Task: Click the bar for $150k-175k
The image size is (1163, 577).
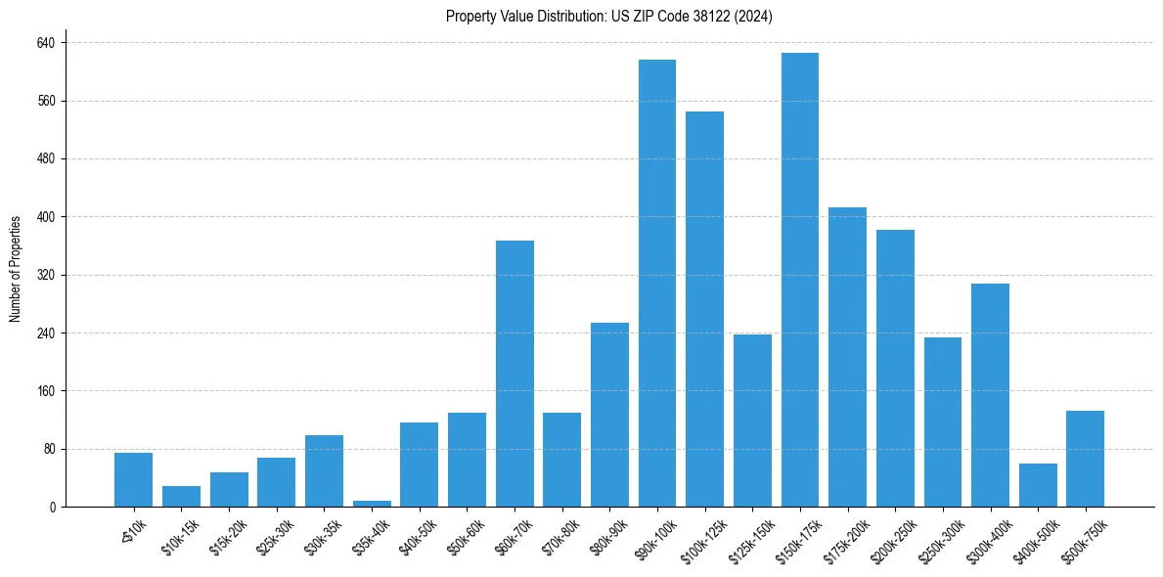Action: pos(799,280)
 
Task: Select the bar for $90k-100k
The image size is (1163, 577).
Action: pos(656,284)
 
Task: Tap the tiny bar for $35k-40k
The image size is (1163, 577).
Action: pos(372,504)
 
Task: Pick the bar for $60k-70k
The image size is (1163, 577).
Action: pos(514,374)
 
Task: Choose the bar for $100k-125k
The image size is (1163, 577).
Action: pos(704,309)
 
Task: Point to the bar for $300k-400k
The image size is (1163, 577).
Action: pos(990,395)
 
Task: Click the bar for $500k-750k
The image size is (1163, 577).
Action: pos(1085,459)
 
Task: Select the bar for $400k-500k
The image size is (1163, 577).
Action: pos(1037,485)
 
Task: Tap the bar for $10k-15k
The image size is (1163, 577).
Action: pos(181,497)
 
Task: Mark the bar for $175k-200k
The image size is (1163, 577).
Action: pos(847,357)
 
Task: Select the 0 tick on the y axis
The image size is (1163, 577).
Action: pos(53,507)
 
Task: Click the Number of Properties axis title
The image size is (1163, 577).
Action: pos(16,269)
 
